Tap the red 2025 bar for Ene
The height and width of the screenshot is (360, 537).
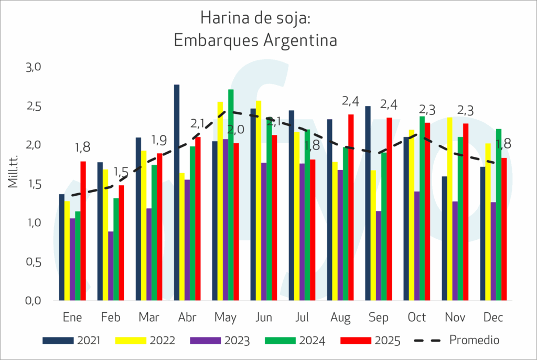[83, 230]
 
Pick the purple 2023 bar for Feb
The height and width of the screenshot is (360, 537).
[111, 266]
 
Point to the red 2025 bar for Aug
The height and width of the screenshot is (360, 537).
[351, 207]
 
